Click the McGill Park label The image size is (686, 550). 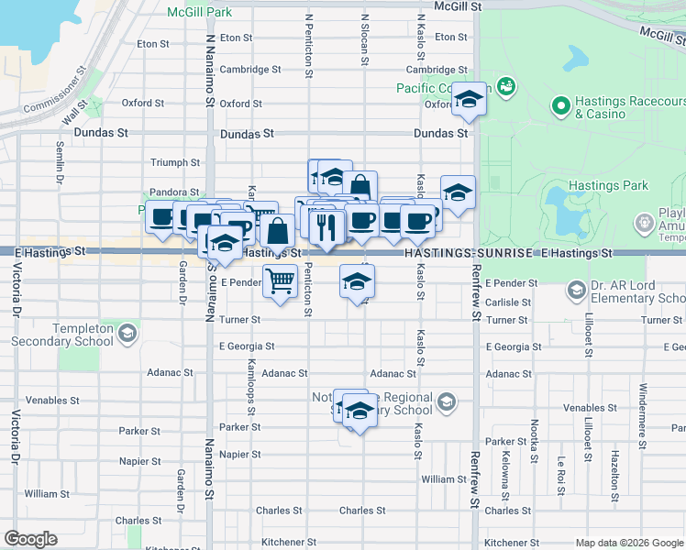point(199,13)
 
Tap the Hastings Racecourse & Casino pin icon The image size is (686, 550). point(561,106)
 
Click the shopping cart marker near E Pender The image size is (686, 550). point(280,280)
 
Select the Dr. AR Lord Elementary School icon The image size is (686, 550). point(577,291)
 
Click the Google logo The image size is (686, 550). point(30,539)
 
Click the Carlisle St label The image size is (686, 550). point(508,302)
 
